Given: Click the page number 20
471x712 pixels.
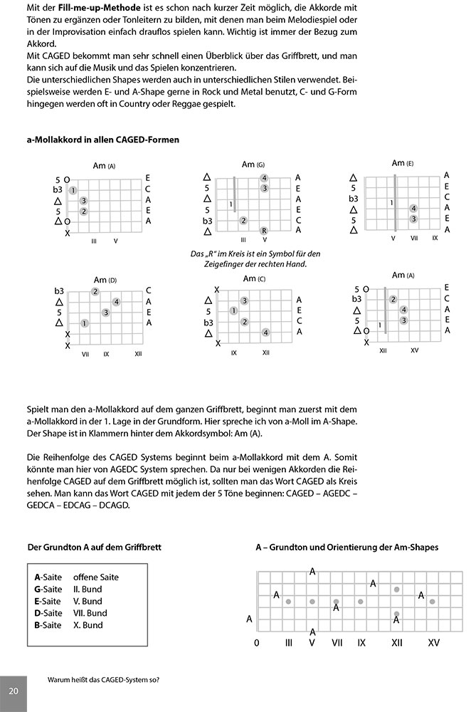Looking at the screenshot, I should click(x=14, y=692).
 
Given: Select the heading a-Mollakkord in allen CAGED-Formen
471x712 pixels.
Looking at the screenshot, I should click(x=102, y=140).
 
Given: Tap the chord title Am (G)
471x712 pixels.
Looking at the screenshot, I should click(x=253, y=164).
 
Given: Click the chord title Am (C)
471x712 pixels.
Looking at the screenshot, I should click(x=254, y=278).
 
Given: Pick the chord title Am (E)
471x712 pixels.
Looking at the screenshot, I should click(x=403, y=163).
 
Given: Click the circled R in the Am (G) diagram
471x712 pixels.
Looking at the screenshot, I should click(x=264, y=230).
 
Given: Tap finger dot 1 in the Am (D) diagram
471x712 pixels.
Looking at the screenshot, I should click(x=85, y=323).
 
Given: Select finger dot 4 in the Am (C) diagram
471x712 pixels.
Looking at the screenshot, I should click(x=265, y=333).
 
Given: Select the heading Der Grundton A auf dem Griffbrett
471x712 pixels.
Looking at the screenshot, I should click(x=94, y=548).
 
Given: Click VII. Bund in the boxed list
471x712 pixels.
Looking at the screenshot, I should click(x=90, y=613).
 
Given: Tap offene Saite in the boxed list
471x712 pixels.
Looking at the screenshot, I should click(x=96, y=577).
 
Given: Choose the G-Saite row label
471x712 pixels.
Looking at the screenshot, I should click(x=48, y=589).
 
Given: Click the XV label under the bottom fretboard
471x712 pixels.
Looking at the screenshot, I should click(x=433, y=642).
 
